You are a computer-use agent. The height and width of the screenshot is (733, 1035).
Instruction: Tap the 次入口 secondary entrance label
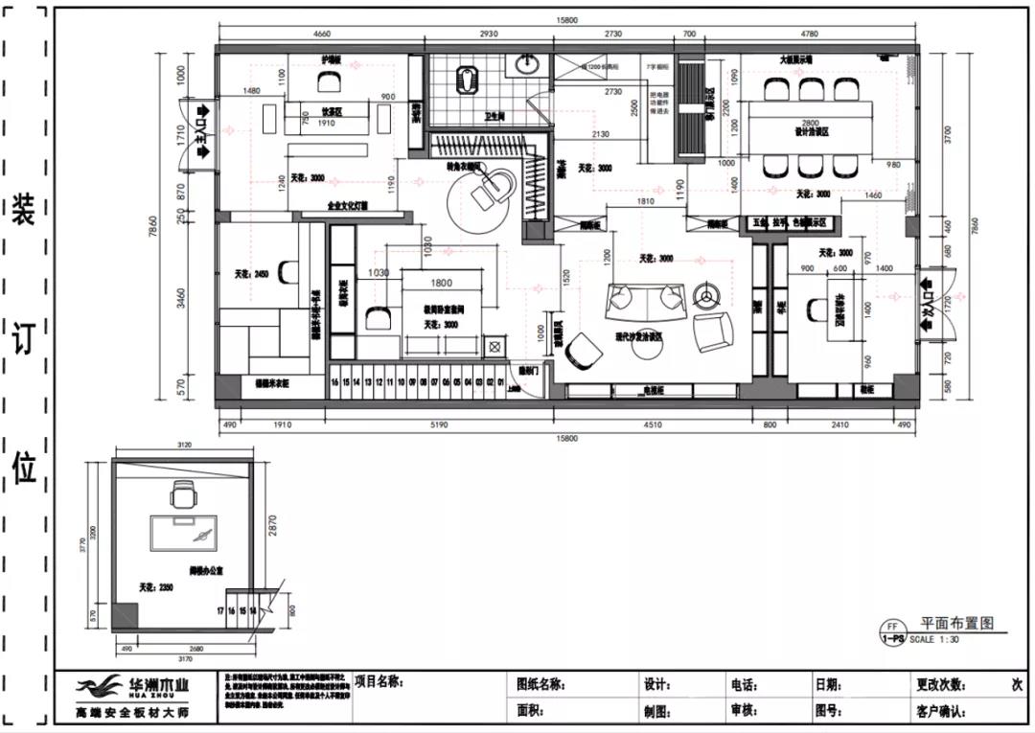coord(926,308)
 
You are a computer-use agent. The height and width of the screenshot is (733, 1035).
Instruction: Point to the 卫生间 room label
coord(494,116)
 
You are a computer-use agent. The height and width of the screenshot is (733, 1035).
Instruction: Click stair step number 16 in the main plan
coord(335,381)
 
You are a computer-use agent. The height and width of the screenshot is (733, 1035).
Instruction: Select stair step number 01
coord(501,381)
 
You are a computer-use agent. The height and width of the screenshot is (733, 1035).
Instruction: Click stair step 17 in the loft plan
coord(221,610)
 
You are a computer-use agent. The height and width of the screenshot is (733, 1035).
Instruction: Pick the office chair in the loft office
coord(181,496)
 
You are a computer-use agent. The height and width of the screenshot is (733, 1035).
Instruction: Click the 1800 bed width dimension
coord(442,283)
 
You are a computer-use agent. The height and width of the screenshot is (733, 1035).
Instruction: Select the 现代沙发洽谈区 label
coord(640,337)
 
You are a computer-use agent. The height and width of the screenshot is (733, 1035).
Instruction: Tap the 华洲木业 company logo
coord(133,687)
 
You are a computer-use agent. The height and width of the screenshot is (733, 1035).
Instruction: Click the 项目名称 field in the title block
coord(379,682)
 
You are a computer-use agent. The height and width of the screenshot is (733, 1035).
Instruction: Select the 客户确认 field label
coord(943,711)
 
